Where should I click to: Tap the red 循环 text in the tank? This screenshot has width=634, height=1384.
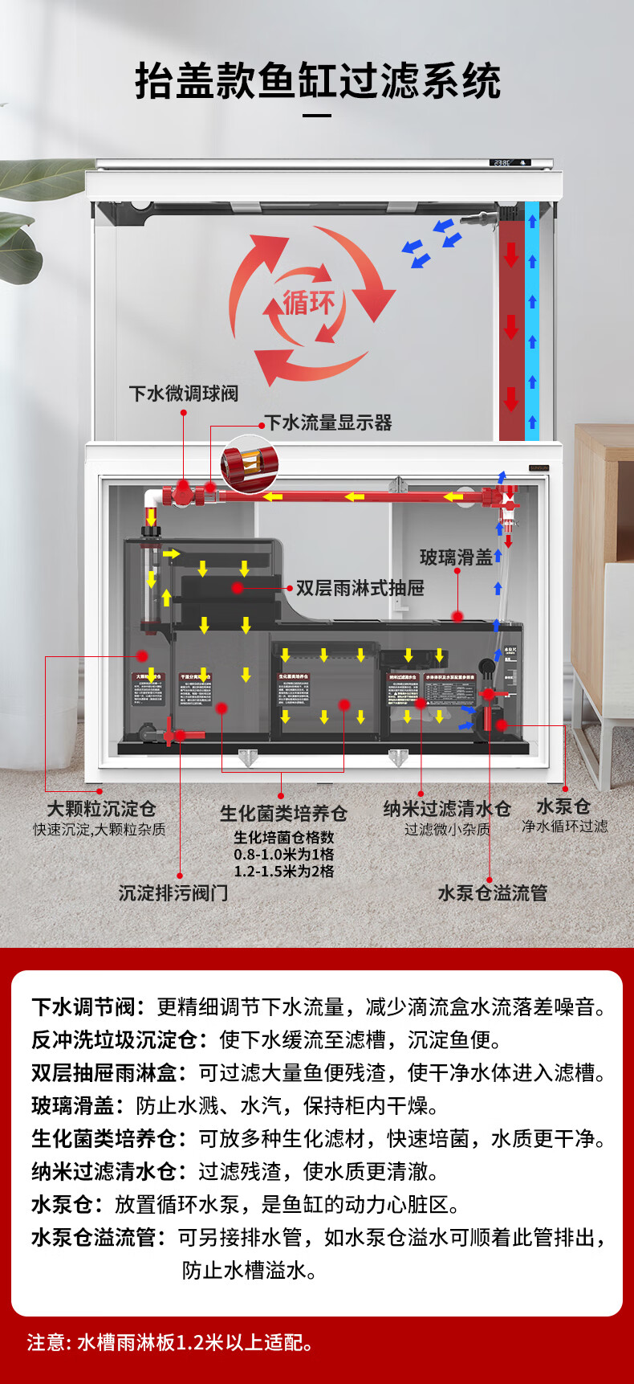(309, 303)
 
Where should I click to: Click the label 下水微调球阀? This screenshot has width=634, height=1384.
(184, 394)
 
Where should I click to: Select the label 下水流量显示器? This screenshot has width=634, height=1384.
(328, 423)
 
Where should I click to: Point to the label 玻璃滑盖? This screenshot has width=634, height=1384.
(455, 557)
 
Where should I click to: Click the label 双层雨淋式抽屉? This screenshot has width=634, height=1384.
(360, 588)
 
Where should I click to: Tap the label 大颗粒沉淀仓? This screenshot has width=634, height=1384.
(101, 808)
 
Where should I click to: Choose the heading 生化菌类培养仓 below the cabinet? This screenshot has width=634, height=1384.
(283, 814)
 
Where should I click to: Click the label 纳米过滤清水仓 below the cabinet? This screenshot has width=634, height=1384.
(446, 809)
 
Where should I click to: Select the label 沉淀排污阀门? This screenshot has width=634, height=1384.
(173, 893)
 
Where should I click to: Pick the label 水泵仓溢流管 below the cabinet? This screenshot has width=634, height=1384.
(492, 893)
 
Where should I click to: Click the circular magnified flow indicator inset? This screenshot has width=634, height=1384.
(249, 464)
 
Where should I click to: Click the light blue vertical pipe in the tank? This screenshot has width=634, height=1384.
(531, 321)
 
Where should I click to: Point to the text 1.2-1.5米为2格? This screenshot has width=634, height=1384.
(283, 872)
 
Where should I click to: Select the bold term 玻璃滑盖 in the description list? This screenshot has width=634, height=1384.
(73, 1106)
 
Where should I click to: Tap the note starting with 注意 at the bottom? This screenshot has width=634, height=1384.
(170, 1342)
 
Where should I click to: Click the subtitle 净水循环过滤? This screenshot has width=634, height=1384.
(564, 827)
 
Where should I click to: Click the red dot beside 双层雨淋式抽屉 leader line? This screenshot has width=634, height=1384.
(238, 588)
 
